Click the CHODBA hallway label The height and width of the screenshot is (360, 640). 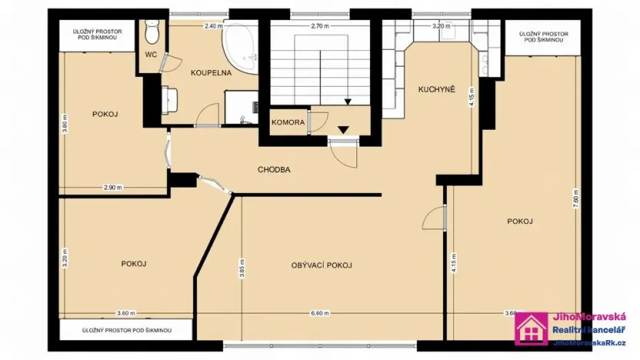click(274, 170)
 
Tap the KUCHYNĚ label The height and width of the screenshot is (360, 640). click(437, 89)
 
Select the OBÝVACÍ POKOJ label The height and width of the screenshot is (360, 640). click(322, 265)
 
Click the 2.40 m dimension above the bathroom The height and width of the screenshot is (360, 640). click(213, 26)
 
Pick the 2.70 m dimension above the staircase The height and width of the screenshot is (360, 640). click(319, 26)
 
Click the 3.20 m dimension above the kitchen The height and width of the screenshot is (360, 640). click(441, 26)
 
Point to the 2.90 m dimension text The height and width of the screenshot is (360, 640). click(113, 187)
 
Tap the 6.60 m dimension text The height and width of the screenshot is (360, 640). click(320, 313)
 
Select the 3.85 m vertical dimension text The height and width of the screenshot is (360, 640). click(242, 271)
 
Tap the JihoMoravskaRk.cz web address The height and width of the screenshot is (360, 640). click(590, 343)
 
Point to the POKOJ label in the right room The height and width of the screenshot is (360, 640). click(520, 222)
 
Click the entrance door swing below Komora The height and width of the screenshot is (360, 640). click(346, 150)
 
